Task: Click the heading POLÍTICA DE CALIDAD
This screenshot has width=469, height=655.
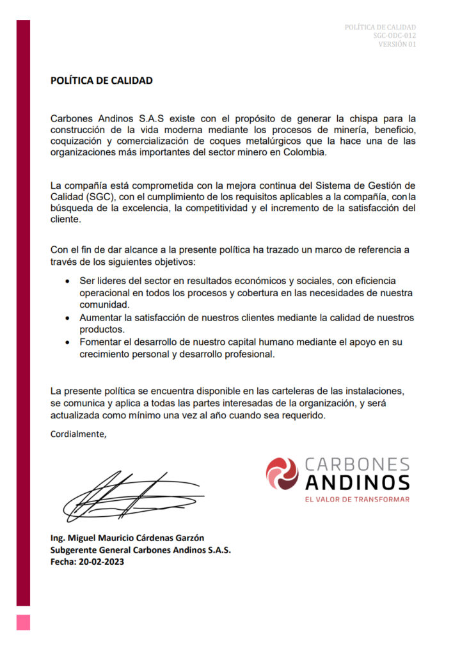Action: tap(102, 81)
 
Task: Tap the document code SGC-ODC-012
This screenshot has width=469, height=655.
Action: tap(394, 36)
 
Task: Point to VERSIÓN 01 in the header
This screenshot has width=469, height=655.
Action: tap(397, 44)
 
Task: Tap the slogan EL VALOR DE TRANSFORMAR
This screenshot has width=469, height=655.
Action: tap(357, 499)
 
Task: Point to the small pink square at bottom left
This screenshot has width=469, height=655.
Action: tap(23, 622)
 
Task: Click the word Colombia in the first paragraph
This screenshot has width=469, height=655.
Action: tap(306, 153)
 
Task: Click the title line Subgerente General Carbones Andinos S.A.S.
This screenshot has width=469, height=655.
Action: tap(141, 549)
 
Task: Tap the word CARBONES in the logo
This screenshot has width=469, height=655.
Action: tap(357, 464)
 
